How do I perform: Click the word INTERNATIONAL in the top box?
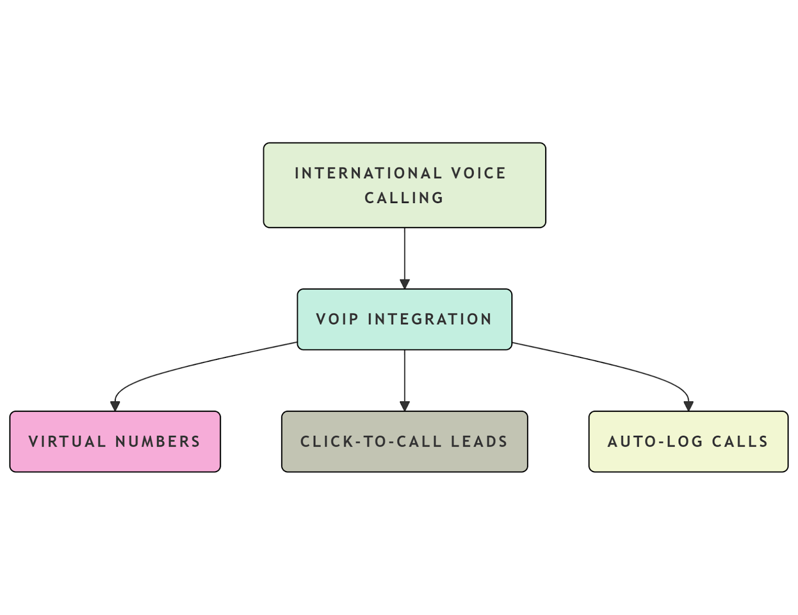(x=368, y=173)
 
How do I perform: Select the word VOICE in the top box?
(x=479, y=173)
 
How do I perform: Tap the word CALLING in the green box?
(x=404, y=198)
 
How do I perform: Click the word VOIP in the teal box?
(x=337, y=319)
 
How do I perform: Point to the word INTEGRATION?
(x=430, y=319)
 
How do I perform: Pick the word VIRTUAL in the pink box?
(x=67, y=441)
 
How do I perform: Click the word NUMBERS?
(x=158, y=441)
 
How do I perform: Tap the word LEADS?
(x=479, y=441)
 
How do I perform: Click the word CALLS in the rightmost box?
(x=740, y=441)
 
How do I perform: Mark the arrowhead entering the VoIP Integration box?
(x=404, y=284)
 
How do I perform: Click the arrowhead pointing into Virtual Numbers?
(x=115, y=406)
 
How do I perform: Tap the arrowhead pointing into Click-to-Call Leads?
(x=404, y=406)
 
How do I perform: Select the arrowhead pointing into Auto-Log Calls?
(x=689, y=406)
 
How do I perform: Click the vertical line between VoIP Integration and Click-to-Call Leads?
(x=404, y=374)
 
